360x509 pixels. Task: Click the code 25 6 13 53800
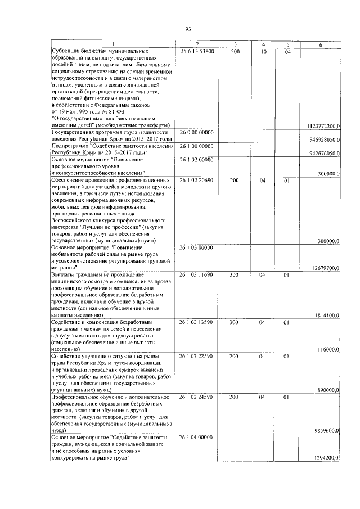point(197,51)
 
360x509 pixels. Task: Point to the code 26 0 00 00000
point(197,132)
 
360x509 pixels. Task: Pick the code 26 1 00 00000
point(197,146)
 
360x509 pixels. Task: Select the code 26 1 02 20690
point(197,181)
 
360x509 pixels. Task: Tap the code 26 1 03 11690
point(197,274)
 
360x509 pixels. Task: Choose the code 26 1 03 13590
point(197,322)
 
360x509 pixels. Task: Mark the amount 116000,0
point(328,349)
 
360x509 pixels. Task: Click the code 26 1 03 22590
point(197,356)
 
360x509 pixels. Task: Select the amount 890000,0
point(328,390)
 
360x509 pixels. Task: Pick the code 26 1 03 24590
point(197,397)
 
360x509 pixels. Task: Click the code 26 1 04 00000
point(197,437)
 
